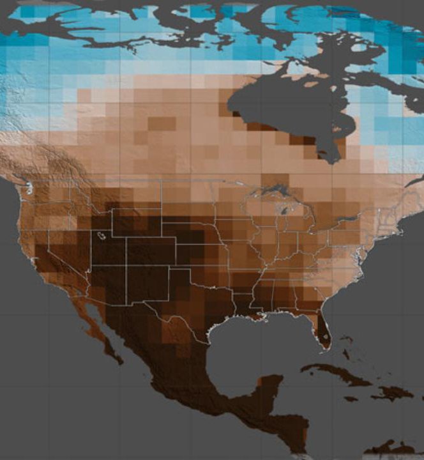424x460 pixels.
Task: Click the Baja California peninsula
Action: point(96,329)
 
